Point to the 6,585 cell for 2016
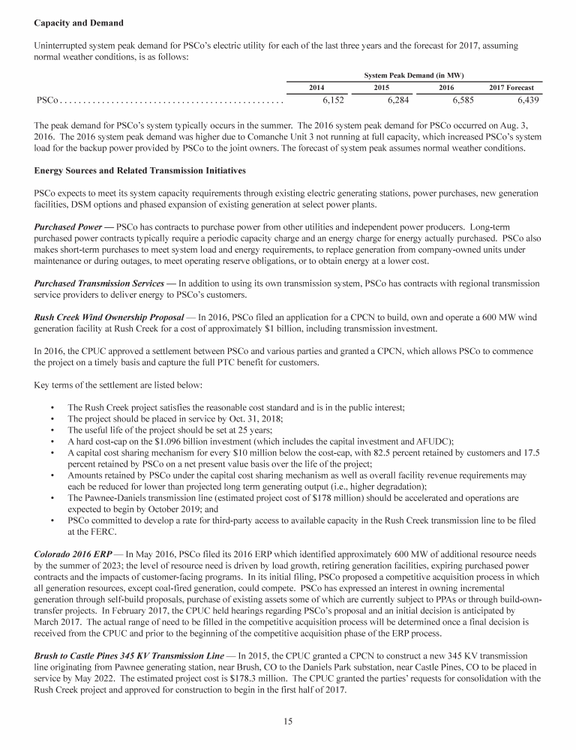click(x=463, y=100)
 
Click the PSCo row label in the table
click(x=47, y=100)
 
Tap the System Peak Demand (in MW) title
click(x=415, y=76)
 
